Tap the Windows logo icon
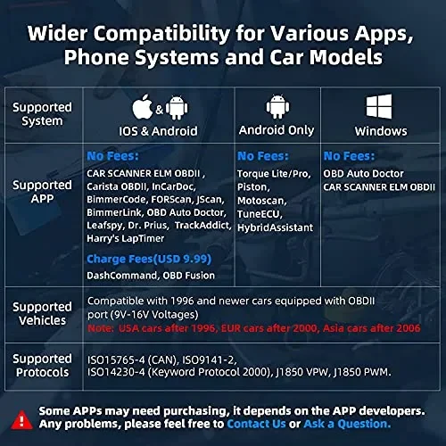pos(374,108)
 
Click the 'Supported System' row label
pos(42,113)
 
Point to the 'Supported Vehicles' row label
pos(42,313)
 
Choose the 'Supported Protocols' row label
pos(42,365)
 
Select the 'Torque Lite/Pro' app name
pos(271,173)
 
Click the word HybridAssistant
pos(277,227)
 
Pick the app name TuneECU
pos(260,214)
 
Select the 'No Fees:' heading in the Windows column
pos(349,156)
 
